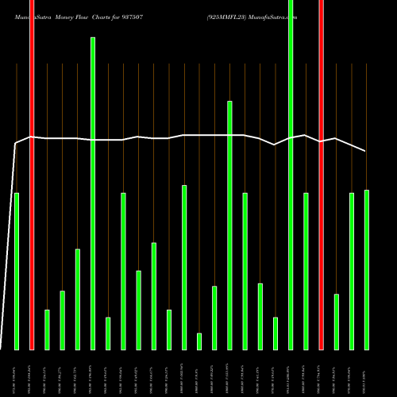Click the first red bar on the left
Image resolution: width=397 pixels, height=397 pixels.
click(32, 175)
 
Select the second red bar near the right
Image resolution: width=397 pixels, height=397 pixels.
click(321, 175)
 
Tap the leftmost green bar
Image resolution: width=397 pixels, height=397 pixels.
click(17, 270)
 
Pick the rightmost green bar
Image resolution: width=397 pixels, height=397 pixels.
click(366, 270)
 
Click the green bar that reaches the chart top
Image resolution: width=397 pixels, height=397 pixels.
click(291, 175)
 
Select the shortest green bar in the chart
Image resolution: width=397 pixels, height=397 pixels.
click(199, 341)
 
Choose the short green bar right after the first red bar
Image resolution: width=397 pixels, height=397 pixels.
click(47, 330)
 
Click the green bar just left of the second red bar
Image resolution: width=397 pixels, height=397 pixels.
click(306, 270)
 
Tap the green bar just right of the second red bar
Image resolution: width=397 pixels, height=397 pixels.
click(336, 322)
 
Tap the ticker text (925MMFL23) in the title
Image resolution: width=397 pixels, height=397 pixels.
click(227, 17)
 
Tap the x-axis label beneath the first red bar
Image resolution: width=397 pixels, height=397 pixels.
click(32, 372)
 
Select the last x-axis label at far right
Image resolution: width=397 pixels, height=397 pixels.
click(366, 372)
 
